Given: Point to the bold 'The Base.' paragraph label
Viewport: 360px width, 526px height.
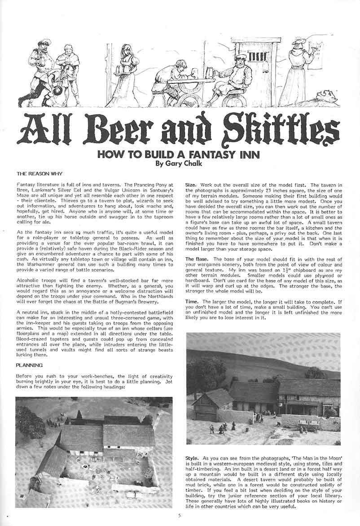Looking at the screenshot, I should point(199,260).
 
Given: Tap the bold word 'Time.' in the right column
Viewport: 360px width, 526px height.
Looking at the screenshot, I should point(193,301).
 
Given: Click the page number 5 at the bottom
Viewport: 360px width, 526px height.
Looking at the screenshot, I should point(179,517).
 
